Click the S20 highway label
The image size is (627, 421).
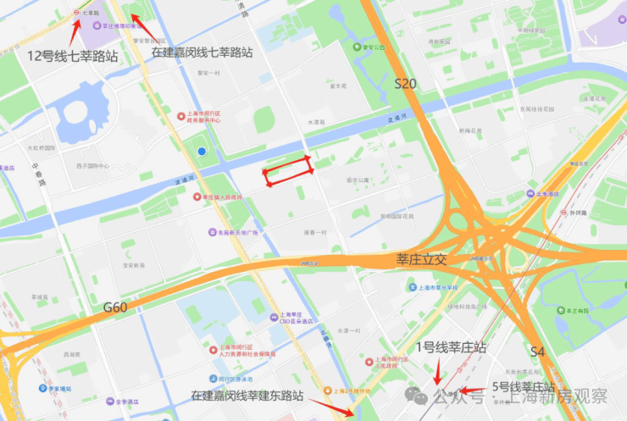(x=406, y=84)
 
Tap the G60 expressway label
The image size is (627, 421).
(x=115, y=307)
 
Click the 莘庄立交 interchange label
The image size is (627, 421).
(x=421, y=259)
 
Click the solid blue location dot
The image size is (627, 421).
(x=202, y=151)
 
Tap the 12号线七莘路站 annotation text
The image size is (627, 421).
(x=72, y=56)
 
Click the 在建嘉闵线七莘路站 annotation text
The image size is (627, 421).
(x=202, y=53)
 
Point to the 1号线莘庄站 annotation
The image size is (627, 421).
(x=452, y=347)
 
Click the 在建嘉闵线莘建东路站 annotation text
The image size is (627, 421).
(x=254, y=395)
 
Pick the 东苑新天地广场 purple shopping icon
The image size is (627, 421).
(x=211, y=232)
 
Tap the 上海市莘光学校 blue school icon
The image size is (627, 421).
(x=413, y=288)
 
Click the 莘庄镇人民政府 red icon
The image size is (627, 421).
(x=206, y=197)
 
